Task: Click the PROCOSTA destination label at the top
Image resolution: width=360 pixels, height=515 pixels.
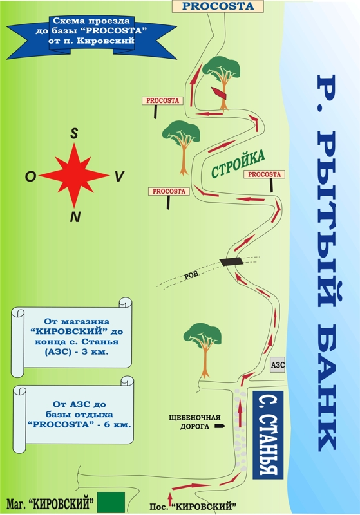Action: pos(218,6)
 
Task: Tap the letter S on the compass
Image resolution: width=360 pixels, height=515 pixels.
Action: pos(75,134)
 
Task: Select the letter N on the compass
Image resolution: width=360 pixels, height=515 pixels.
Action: pos(75,217)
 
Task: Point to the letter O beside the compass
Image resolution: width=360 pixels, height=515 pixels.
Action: pos(30,176)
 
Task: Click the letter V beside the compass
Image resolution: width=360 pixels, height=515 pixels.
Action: pos(119,176)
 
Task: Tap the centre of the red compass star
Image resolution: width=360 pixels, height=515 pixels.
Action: pos(74,175)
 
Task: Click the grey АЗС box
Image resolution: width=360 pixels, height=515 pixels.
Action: pos(278,365)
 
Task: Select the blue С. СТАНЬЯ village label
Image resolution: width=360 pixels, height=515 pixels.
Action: pos(268,435)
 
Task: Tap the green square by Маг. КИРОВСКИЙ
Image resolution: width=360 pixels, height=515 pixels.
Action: pos(111,503)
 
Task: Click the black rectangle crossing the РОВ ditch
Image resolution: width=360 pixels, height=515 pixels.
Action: pos(232,261)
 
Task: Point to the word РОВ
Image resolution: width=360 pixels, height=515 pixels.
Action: pos(191,275)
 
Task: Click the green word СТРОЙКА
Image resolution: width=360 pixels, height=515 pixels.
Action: pos(238,164)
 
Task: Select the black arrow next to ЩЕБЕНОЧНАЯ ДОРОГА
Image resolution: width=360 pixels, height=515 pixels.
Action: pos(220,426)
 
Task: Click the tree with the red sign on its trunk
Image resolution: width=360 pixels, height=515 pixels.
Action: pos(222,82)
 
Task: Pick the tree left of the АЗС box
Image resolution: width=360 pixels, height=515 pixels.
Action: pos(204,350)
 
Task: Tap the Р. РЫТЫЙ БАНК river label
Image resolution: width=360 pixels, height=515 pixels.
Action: pos(327,263)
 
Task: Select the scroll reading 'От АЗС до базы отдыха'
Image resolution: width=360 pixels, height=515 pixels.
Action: pos(73,415)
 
